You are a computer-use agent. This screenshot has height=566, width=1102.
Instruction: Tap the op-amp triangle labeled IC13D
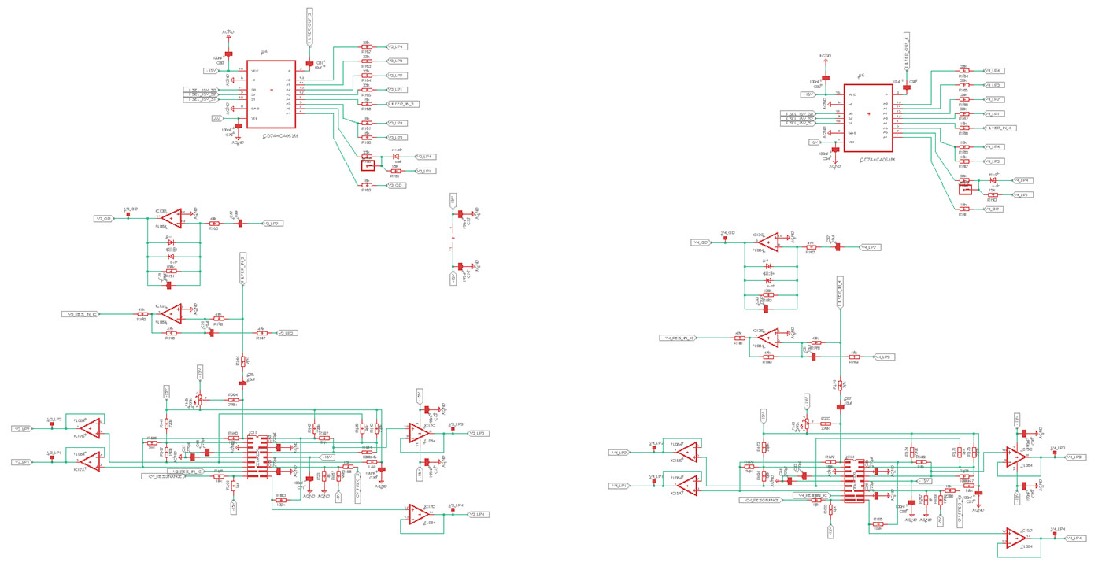(172, 218)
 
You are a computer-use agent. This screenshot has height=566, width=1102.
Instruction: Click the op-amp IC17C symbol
(420, 432)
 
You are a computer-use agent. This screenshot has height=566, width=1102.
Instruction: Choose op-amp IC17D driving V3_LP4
(420, 514)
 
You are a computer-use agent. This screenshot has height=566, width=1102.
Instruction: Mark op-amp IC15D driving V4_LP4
(1017, 538)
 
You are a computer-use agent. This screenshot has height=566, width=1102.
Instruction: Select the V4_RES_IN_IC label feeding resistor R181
(677, 338)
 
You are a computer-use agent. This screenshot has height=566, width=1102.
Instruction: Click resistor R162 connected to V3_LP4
(367, 47)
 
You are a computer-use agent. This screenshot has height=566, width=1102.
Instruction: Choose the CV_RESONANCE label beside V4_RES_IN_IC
(760, 500)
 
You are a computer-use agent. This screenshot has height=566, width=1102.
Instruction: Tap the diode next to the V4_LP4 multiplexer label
(994, 180)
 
